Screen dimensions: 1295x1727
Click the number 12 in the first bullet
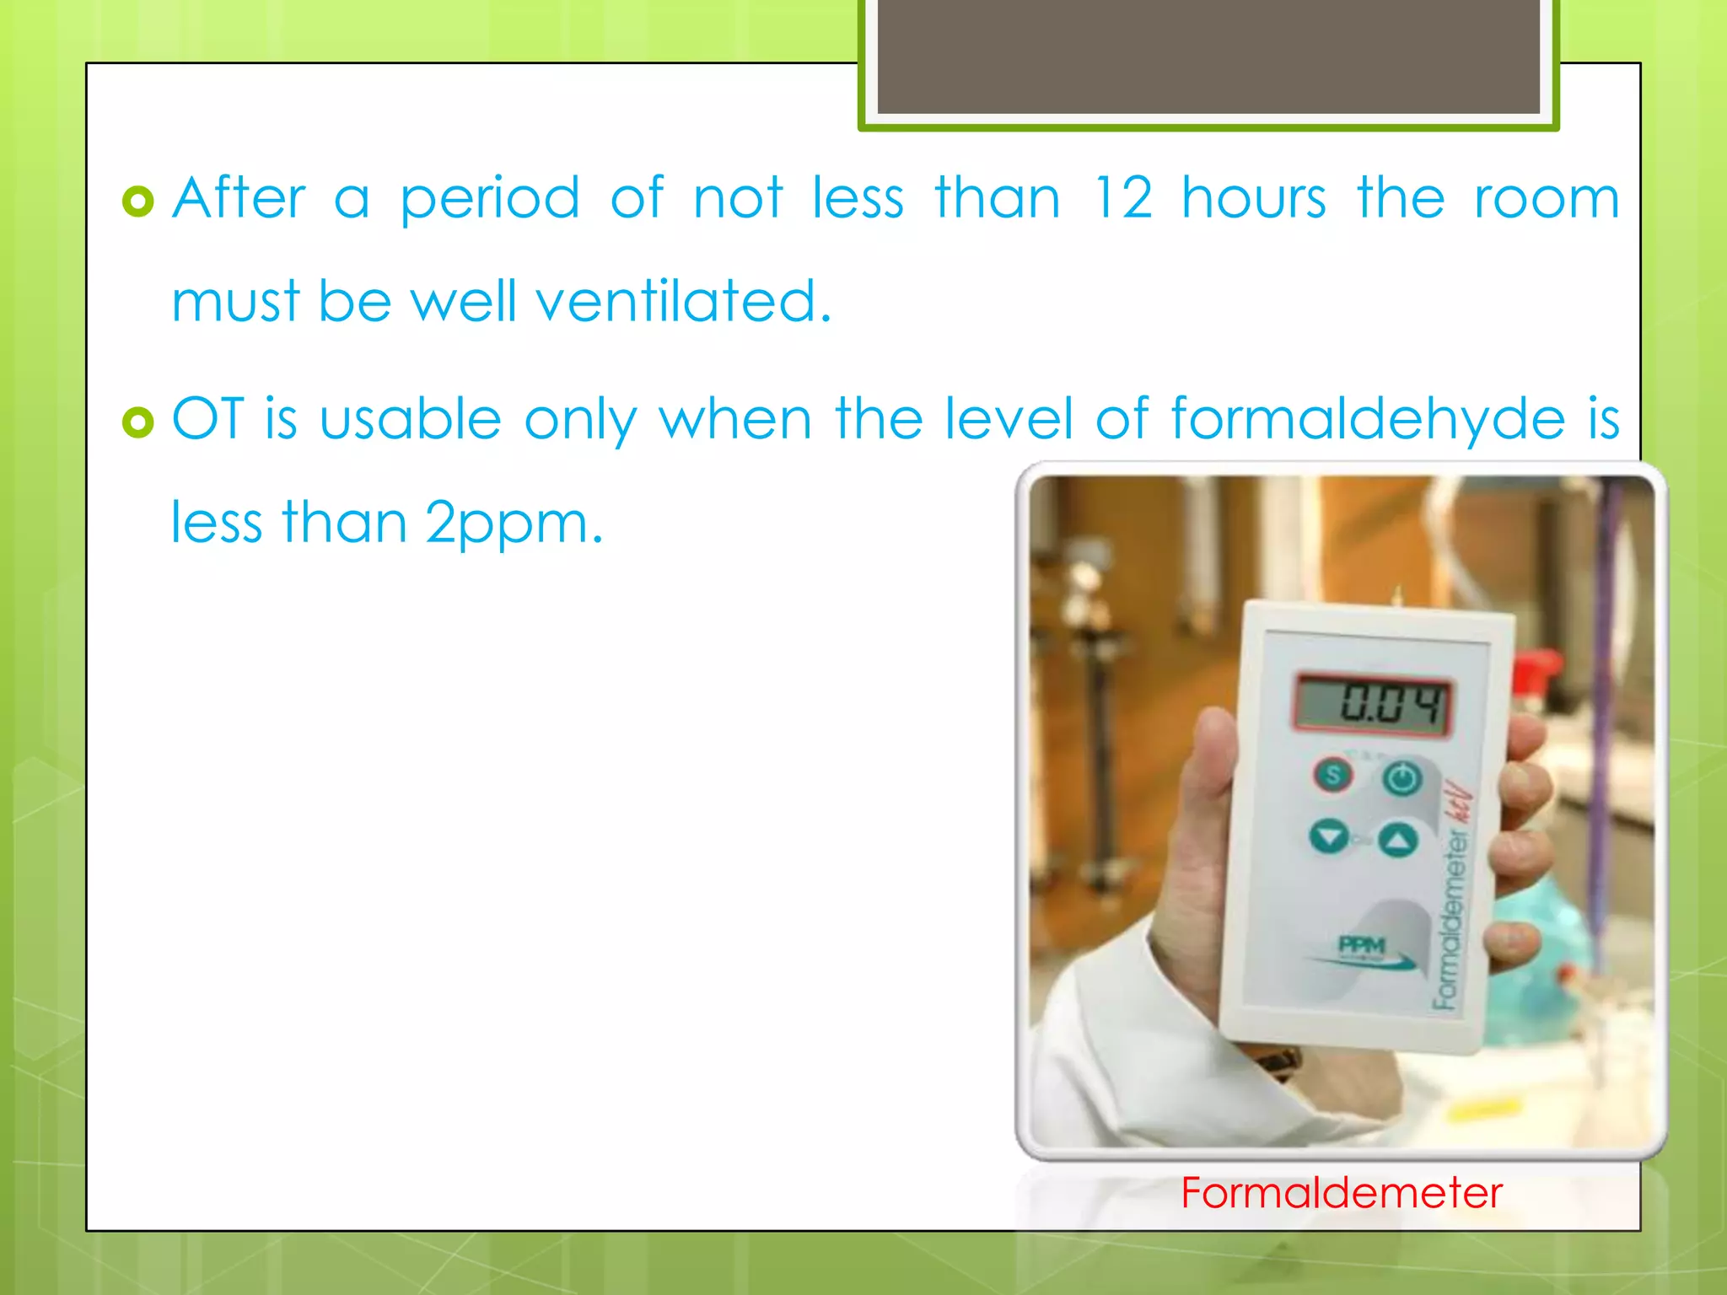coord(1122,199)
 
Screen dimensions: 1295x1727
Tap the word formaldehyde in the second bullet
coord(1368,419)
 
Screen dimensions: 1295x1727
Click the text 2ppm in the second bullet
coord(514,524)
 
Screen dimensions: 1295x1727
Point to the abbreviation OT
coord(207,418)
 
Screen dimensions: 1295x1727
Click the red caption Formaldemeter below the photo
coord(1341,1193)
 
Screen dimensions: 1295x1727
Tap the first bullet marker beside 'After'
coord(138,202)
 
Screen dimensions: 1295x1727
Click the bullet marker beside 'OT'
coord(138,422)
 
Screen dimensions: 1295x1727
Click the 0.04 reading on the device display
coord(1373,703)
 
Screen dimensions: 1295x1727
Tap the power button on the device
coord(1402,777)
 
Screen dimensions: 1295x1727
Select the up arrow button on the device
coord(1399,840)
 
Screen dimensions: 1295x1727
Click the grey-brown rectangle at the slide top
coord(1208,56)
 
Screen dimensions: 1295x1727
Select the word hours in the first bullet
coord(1254,199)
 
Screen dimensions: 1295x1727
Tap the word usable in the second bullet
coord(411,419)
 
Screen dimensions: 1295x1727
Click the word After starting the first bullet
coord(239,199)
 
